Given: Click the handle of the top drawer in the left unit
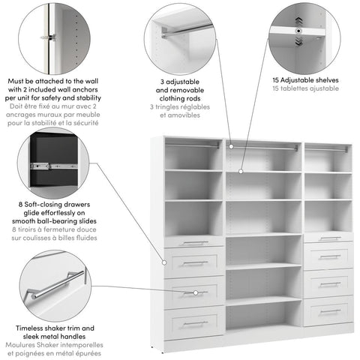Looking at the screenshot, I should (195, 242).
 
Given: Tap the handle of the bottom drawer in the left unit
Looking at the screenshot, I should (195, 323).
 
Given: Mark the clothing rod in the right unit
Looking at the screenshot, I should (328, 150).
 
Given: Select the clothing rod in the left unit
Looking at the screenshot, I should (193, 145).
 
